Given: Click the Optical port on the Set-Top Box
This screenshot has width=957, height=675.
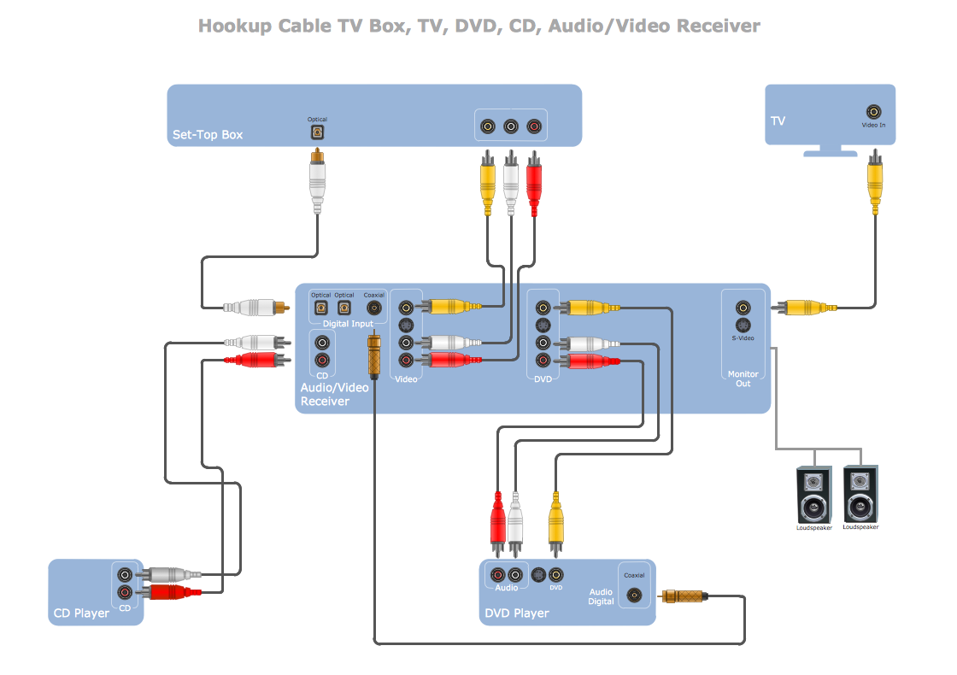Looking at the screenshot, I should click(x=317, y=132).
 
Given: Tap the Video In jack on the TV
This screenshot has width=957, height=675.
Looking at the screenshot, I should click(x=874, y=112).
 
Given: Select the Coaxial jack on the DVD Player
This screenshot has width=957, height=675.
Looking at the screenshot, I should click(x=634, y=595).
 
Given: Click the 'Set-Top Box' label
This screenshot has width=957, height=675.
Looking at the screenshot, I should click(x=208, y=134).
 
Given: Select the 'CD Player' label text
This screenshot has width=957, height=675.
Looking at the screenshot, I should click(x=82, y=613).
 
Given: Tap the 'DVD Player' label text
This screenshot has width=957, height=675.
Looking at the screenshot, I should click(x=517, y=613).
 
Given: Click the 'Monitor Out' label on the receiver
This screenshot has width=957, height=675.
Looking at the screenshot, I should click(x=743, y=379).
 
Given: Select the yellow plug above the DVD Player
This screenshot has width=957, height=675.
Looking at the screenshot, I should click(x=555, y=519).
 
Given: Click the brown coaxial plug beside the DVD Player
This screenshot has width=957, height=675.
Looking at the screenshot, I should click(x=684, y=596).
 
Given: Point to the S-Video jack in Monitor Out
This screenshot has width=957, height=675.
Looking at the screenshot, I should click(x=743, y=326).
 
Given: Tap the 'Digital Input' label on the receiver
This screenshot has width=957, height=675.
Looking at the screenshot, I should click(x=349, y=324).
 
